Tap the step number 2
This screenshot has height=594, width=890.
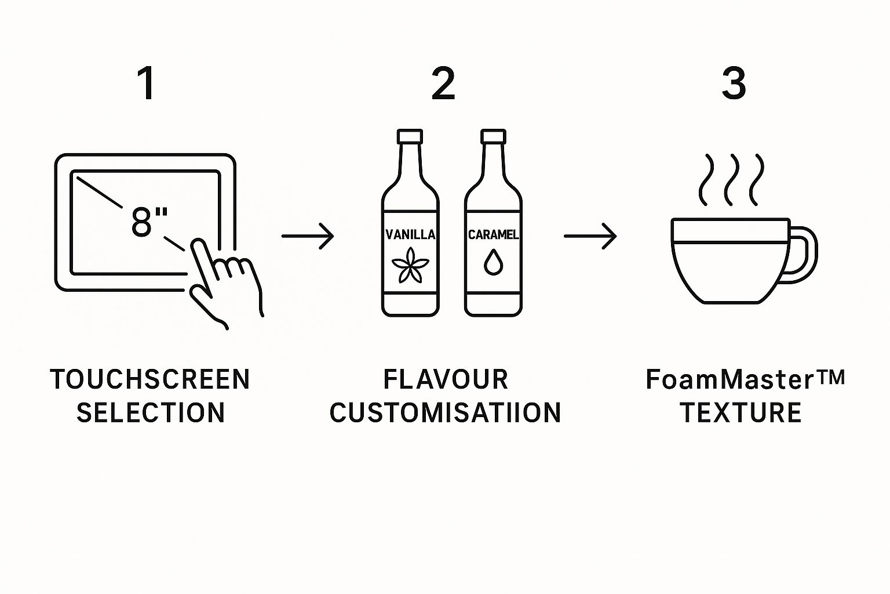point(443,84)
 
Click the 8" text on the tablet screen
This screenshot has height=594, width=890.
point(149,222)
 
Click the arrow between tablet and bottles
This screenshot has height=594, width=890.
point(308,236)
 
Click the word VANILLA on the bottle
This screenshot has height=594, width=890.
point(410,234)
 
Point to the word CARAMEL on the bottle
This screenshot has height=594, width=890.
point(493,234)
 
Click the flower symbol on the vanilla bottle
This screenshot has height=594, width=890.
point(410,265)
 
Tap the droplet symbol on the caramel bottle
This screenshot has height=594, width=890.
point(493,262)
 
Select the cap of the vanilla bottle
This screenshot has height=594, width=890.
point(410,137)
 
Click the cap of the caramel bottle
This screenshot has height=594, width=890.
point(493,137)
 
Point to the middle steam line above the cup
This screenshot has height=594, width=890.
point(731,180)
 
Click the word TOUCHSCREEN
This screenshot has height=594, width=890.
point(150,379)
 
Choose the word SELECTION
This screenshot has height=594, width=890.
point(151,413)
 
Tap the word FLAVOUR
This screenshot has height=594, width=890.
point(446,379)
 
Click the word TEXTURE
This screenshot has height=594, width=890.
point(741,413)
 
